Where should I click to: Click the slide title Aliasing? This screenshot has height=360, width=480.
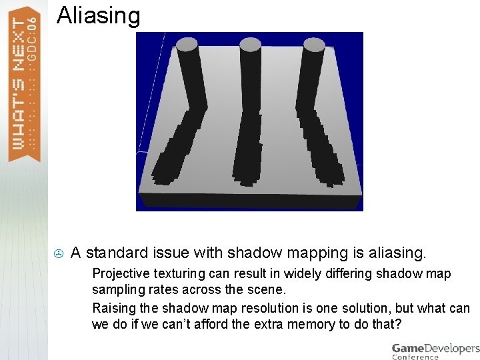(x=99, y=15)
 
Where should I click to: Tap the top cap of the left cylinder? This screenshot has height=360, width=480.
(x=187, y=45)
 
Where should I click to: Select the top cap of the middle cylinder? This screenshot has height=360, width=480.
(x=251, y=45)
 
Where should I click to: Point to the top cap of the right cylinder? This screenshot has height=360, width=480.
(x=313, y=45)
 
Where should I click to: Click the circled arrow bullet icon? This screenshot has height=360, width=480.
(x=59, y=253)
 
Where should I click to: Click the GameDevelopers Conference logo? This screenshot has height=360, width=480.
(x=435, y=351)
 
